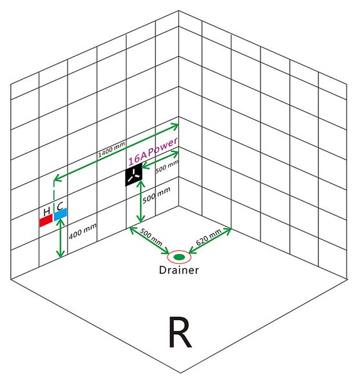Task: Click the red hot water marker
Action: coord(46,221)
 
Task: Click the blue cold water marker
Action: coord(60,214)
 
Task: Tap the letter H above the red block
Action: coord(47,211)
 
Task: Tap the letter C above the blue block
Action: coord(60,207)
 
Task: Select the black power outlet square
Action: coord(134,175)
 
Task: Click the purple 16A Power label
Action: coord(153,151)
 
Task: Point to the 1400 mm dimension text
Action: coord(112,149)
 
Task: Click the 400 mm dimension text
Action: coord(83,231)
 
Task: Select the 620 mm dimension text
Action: coord(209,237)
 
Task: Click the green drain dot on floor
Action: coord(179,257)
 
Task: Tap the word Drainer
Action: coord(179,270)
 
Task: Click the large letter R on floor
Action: coord(180,332)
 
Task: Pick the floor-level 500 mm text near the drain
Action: coord(151,237)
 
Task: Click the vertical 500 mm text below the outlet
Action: coord(157,195)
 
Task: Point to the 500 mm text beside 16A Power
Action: coord(167,166)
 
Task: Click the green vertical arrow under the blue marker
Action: coord(60,238)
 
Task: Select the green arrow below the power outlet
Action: coord(141,201)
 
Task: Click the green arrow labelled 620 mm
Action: coord(210,241)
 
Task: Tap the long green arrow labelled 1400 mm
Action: coord(116,152)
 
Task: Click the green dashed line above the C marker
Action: coord(54,194)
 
